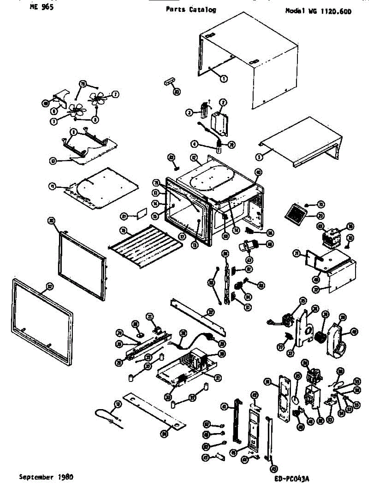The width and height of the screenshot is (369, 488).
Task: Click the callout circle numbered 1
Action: point(223,79)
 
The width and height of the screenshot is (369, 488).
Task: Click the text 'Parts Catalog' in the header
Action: point(191,10)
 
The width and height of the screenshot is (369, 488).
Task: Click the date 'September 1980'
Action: point(46,477)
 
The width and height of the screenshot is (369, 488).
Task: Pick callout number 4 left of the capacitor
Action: point(195,144)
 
